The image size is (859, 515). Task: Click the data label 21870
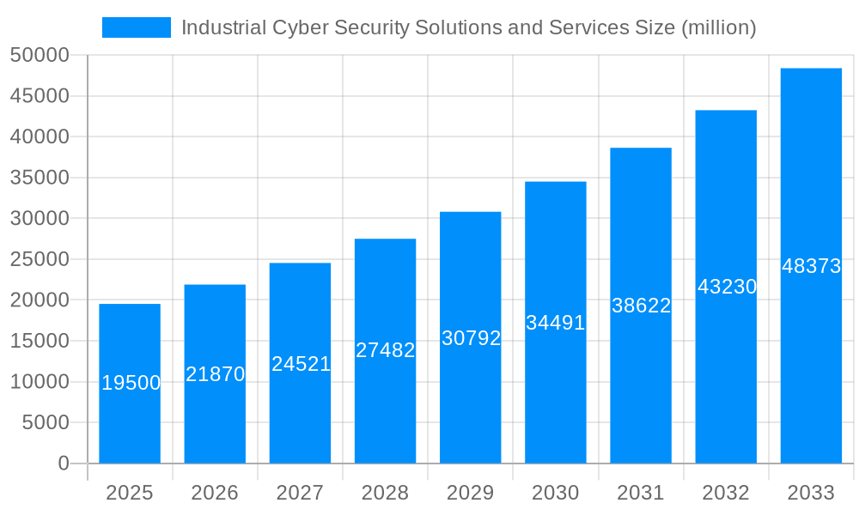coord(216,374)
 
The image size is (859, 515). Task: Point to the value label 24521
coord(301,364)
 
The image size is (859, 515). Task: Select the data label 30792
coord(471,338)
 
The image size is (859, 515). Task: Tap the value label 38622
coord(641,306)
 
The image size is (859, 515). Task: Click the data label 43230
coord(727,287)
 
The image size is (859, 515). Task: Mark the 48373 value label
coord(811,266)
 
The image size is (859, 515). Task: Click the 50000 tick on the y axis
coord(40,56)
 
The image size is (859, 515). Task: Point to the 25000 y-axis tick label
coord(40,259)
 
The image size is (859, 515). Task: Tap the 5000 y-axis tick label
coord(45,422)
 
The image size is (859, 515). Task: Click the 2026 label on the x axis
coord(215,493)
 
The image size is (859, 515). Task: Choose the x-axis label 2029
coord(471,493)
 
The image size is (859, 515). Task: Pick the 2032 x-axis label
coord(726,493)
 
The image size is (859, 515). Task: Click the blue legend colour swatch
coord(137,27)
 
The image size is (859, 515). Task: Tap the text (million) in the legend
coord(718,27)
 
